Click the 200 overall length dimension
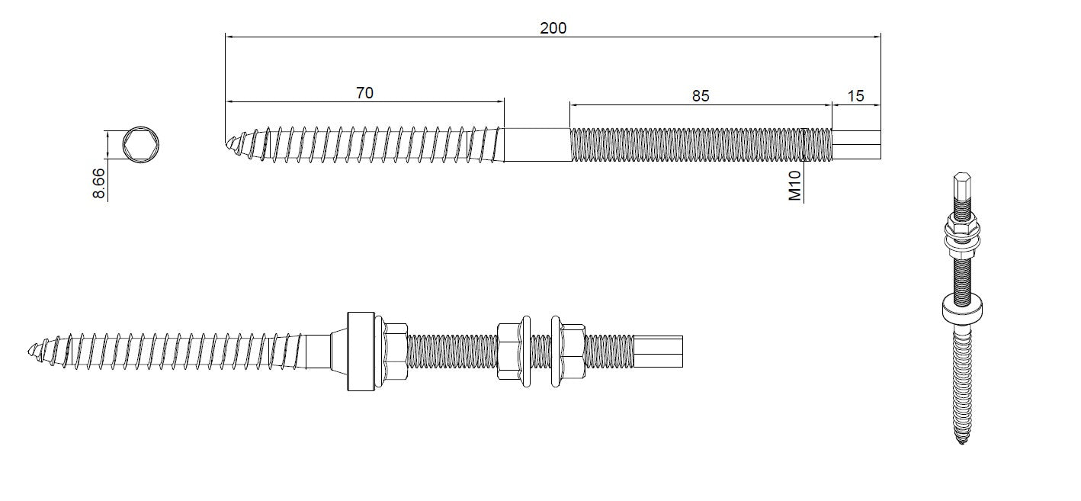(x=553, y=28)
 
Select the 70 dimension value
(x=364, y=93)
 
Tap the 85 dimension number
(x=700, y=95)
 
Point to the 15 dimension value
(x=855, y=95)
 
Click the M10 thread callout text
(x=795, y=185)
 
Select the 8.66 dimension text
(x=98, y=184)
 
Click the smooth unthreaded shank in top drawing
(x=537, y=144)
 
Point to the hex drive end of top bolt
(x=856, y=144)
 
